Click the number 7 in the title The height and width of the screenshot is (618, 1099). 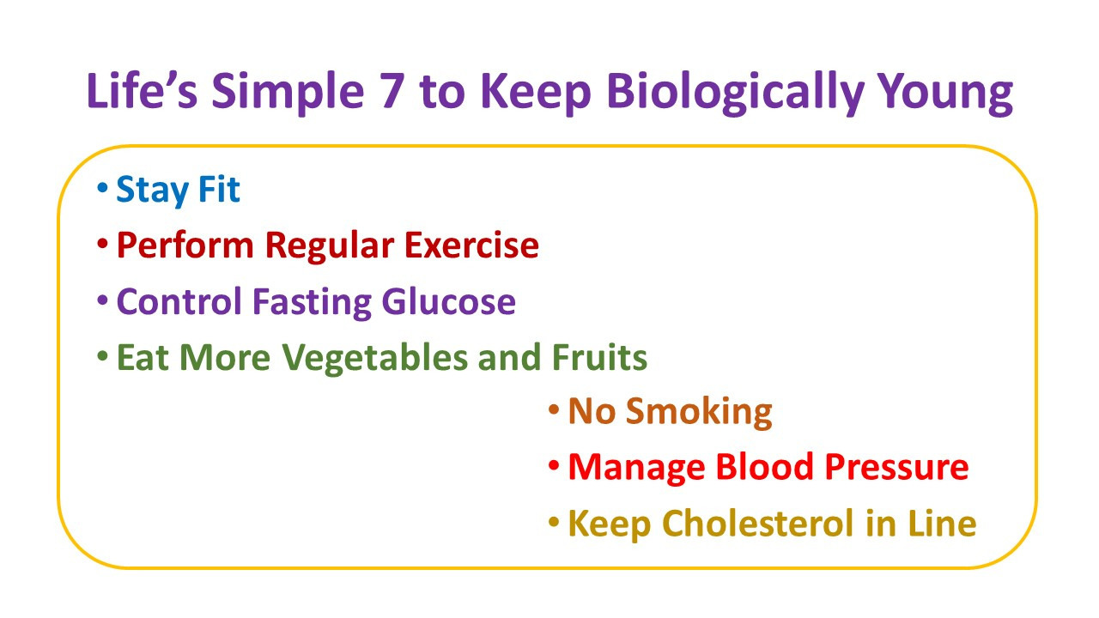click(392, 91)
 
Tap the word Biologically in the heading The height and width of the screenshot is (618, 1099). click(734, 94)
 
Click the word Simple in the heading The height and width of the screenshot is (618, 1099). click(288, 94)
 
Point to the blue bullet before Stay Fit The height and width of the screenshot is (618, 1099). click(102, 187)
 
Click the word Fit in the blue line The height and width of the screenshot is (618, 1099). click(219, 189)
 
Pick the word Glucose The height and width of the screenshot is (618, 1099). click(448, 301)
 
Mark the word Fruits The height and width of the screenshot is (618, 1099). click(599, 356)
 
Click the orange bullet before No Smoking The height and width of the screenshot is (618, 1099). click(554, 409)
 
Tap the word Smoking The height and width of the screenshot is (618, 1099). click(699, 413)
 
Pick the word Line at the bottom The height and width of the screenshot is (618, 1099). click(942, 523)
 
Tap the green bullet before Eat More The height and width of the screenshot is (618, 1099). click(102, 355)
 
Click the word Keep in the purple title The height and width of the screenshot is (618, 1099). click(537, 94)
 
